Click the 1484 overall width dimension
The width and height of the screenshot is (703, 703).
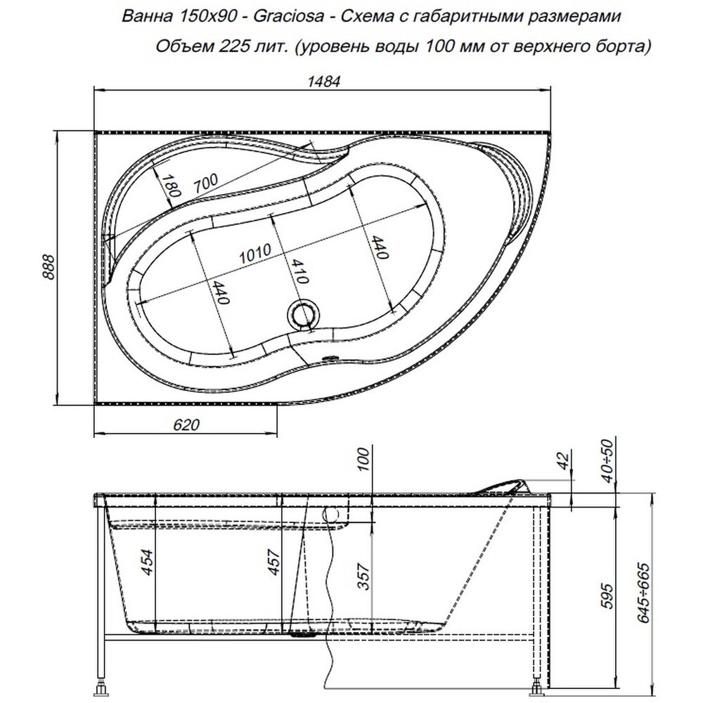pyautogui.click(x=323, y=81)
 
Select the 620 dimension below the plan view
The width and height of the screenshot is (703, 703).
pyautogui.click(x=186, y=424)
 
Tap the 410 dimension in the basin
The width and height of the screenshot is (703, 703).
pyautogui.click(x=299, y=271)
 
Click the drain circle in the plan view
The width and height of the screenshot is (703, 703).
pyautogui.click(x=304, y=314)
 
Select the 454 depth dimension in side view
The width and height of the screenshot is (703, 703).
pyautogui.click(x=147, y=562)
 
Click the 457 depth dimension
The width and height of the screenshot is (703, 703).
pyautogui.click(x=273, y=562)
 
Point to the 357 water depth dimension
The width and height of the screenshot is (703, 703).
pyautogui.click(x=364, y=576)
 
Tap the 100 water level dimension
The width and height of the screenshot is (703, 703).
pyautogui.click(x=364, y=459)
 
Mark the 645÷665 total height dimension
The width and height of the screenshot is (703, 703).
pyautogui.click(x=644, y=593)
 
